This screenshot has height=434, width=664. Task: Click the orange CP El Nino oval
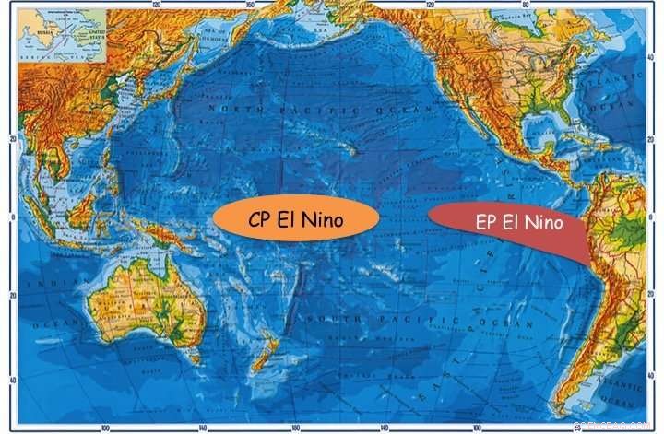(295, 219)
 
